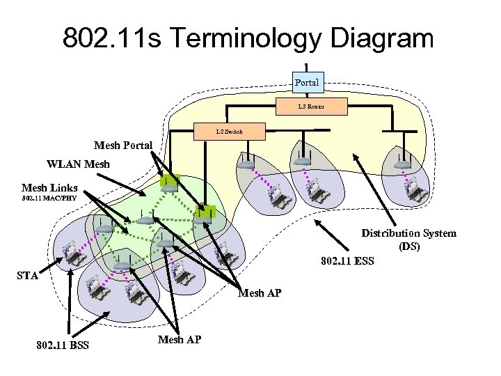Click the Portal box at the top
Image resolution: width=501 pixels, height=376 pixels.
tap(307, 82)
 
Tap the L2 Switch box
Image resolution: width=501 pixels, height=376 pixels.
tap(229, 131)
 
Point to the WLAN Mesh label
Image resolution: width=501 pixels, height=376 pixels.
tap(78, 165)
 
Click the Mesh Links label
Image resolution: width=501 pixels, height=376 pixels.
tap(49, 187)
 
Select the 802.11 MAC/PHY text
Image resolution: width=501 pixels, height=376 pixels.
tap(49, 198)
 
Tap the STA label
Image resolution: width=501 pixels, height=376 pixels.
tap(27, 276)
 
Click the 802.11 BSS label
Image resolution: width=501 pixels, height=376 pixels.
tap(63, 345)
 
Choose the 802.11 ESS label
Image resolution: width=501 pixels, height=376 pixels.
tap(348, 262)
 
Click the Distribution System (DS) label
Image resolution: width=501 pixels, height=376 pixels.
tap(408, 240)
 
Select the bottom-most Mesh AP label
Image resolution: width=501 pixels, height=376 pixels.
tap(180, 339)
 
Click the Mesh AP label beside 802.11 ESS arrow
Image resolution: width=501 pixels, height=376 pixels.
tap(260, 293)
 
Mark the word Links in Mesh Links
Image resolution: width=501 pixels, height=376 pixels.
tap(63, 187)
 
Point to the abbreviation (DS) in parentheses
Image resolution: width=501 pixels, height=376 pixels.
tap(409, 246)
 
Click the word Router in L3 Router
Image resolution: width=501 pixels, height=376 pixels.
tap(316, 107)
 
